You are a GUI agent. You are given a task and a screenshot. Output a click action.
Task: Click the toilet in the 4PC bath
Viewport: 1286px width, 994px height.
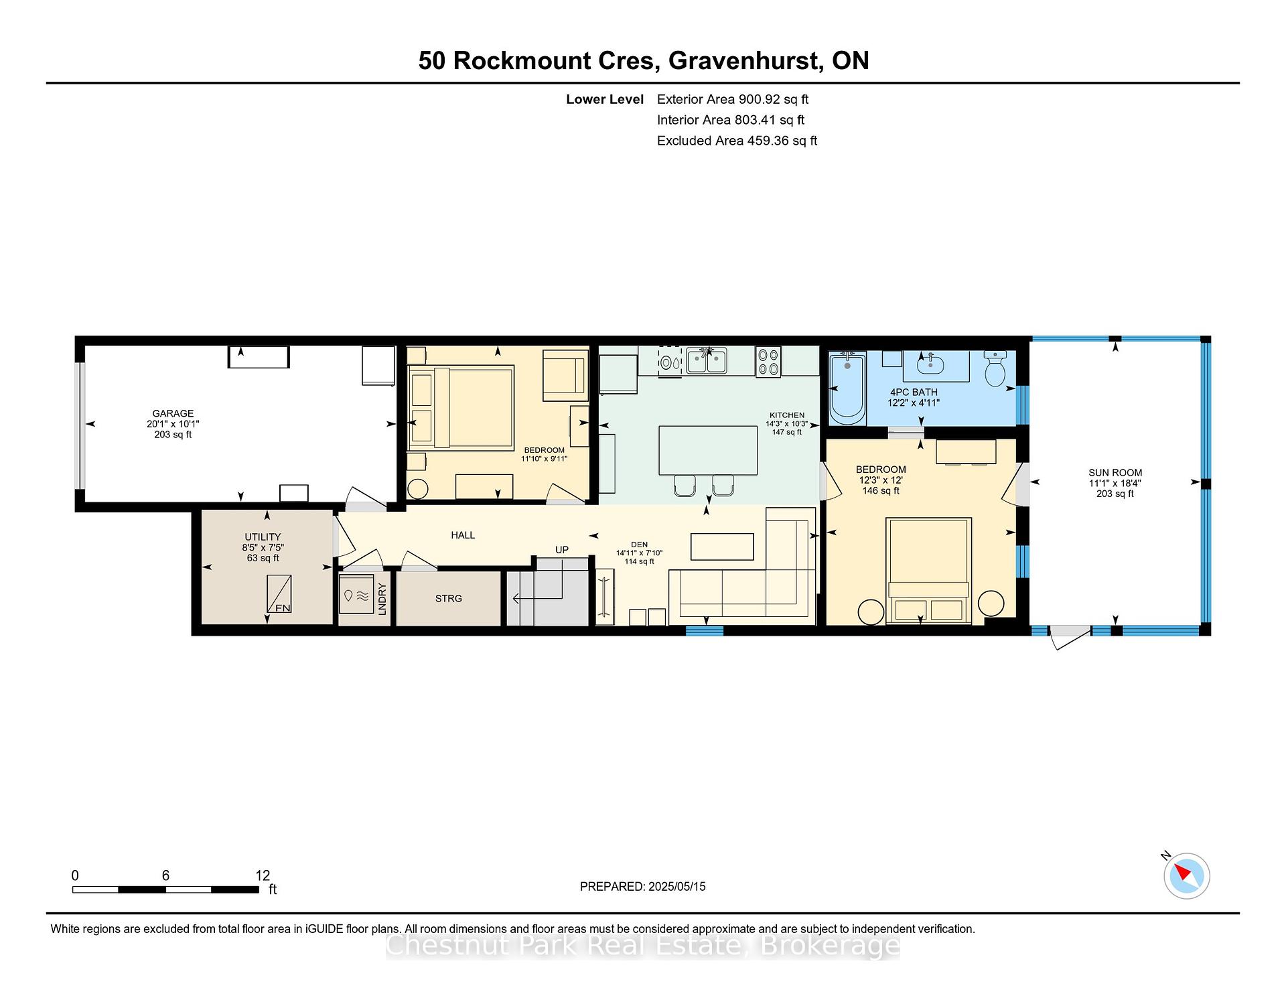[x=995, y=368]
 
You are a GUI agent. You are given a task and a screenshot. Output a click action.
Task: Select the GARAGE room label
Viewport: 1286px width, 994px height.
[x=173, y=413]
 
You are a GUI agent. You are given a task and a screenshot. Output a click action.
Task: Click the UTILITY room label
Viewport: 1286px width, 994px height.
[x=263, y=537]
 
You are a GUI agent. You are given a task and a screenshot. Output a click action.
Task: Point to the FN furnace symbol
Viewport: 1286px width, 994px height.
[x=279, y=593]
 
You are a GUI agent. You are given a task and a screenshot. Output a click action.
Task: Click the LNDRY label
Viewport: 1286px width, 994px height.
[x=382, y=599]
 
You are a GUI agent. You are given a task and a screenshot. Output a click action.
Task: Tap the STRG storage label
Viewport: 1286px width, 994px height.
[x=448, y=598]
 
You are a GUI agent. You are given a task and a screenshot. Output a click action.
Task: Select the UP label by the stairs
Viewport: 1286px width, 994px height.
[x=561, y=549]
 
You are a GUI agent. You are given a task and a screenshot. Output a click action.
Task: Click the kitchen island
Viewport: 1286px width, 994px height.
[x=708, y=450]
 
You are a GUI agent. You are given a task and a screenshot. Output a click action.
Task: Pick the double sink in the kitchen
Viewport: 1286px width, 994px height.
[x=707, y=360]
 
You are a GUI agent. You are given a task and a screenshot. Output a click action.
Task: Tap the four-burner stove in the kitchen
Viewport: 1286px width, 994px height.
[x=768, y=361]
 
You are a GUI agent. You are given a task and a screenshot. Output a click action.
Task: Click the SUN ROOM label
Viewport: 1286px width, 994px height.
[x=1115, y=472]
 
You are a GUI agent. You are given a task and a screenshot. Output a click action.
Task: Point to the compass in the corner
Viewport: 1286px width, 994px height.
[x=1186, y=875]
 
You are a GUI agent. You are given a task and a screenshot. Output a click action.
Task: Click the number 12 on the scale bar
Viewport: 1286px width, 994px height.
[x=263, y=875]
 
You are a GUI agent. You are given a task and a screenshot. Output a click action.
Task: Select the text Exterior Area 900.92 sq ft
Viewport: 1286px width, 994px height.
[x=733, y=99]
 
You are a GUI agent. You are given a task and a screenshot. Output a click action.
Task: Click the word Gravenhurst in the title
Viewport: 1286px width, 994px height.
[x=746, y=60]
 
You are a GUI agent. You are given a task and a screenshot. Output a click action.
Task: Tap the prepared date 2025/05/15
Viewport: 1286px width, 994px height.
[x=677, y=886]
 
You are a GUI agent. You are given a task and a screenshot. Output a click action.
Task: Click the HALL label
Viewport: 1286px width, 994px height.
[x=463, y=535]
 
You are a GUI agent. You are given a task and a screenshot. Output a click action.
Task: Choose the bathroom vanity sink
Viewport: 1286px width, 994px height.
[x=930, y=364]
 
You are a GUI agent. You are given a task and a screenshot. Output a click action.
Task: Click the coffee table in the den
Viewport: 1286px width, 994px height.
[x=722, y=547]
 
